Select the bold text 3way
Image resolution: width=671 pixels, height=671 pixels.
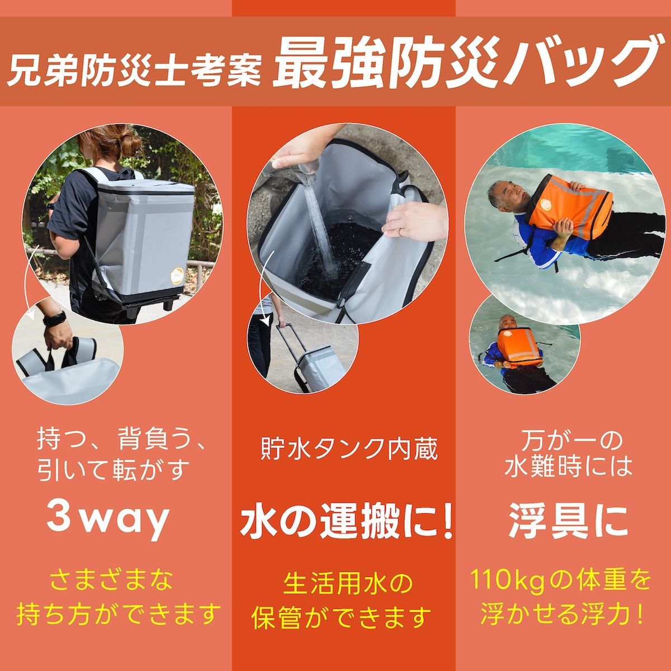click(107, 519)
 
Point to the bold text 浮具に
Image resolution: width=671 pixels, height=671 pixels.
click(568, 520)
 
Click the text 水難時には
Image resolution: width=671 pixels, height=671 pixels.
click(569, 467)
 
